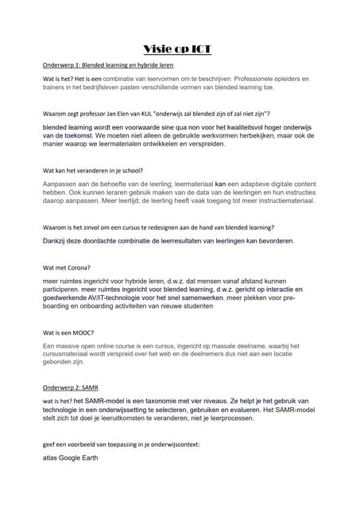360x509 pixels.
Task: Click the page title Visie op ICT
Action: tap(180, 49)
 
